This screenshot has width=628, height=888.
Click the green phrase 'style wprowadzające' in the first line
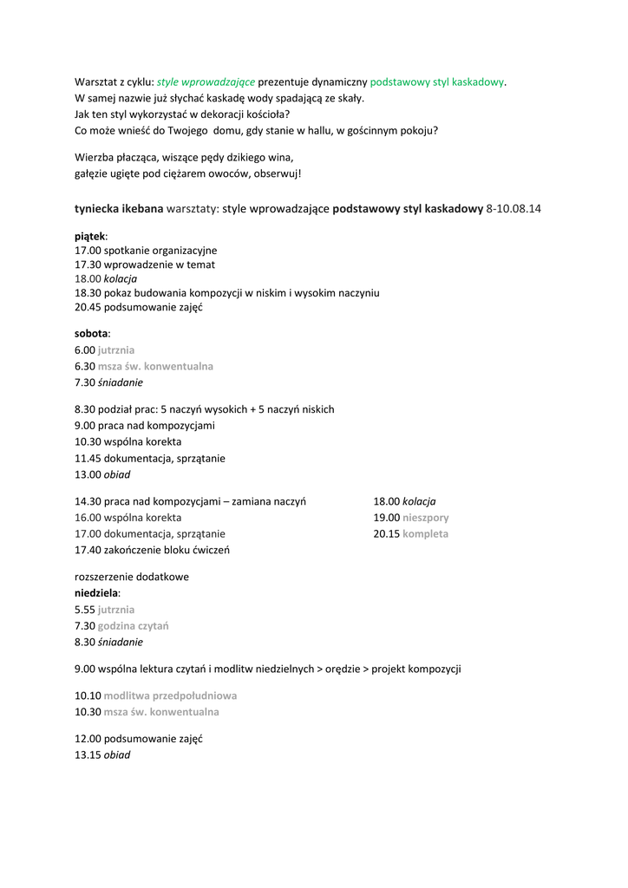(x=206, y=82)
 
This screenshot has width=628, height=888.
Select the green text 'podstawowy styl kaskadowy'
(x=437, y=82)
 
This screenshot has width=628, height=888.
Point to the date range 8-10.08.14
(x=514, y=209)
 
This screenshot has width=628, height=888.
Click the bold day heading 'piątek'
(x=89, y=235)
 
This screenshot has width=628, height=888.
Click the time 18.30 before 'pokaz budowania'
(x=88, y=293)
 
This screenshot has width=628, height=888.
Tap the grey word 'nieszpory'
(x=425, y=518)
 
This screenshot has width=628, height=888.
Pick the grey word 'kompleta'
(x=425, y=534)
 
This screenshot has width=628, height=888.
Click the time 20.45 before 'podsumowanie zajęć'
(x=88, y=308)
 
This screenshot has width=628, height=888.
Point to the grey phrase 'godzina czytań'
(x=133, y=625)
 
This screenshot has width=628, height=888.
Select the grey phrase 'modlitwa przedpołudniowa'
(x=170, y=695)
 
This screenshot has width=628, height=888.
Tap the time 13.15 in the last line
(x=88, y=754)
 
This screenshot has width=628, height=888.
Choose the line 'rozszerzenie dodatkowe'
(x=132, y=577)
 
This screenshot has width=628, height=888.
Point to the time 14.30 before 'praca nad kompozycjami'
(x=88, y=501)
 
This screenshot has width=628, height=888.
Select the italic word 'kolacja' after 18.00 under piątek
(x=121, y=278)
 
